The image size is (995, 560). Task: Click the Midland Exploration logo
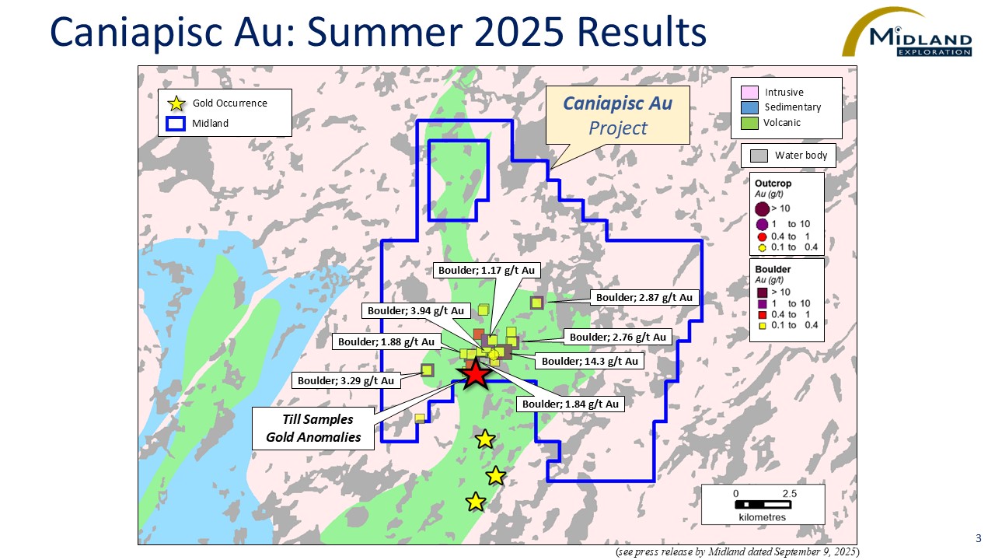coord(907,34)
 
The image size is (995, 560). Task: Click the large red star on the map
coord(476,375)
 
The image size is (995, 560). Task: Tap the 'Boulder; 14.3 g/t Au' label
coord(589,362)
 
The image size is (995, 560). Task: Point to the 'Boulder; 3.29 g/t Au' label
coord(346,381)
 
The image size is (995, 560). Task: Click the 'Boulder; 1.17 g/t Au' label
coord(487,271)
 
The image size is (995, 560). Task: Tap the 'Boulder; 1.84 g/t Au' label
coord(570,404)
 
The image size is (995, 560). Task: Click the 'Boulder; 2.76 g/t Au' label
coord(618,338)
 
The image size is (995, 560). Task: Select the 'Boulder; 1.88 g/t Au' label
coord(384,341)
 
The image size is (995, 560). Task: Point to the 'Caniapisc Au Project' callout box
coord(617,114)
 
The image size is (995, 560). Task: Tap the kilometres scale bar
coord(762,505)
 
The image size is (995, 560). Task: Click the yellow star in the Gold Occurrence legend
coord(177,103)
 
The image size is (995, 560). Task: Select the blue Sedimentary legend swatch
coord(749,107)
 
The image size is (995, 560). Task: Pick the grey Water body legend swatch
coord(758,156)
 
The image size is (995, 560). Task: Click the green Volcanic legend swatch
coord(749,123)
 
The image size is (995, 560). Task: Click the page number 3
coord(978,538)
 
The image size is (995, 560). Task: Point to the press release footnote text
coord(737,551)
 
